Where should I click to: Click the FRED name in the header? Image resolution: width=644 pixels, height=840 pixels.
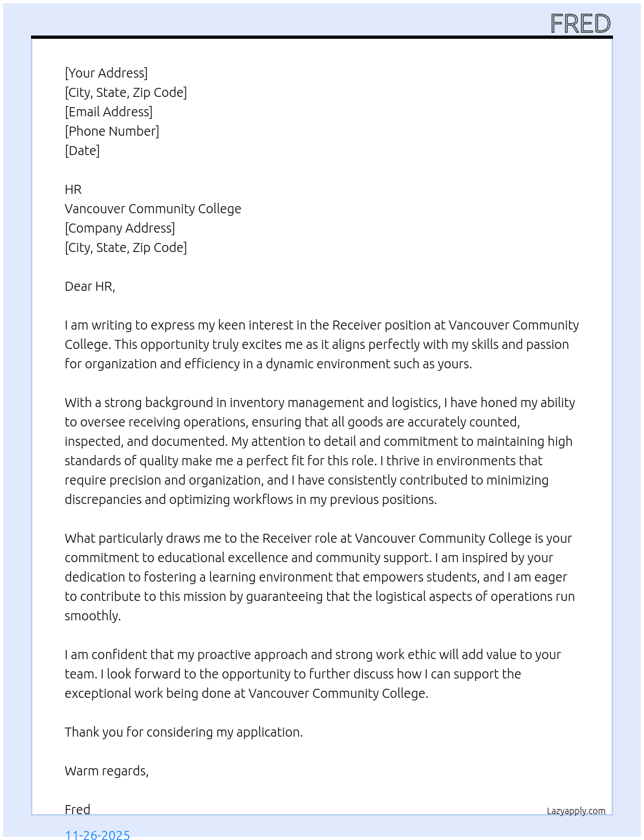click(x=580, y=24)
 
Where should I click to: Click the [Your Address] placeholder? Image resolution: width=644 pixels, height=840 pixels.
click(x=106, y=73)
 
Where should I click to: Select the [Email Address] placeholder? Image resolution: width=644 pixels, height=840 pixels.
click(x=109, y=112)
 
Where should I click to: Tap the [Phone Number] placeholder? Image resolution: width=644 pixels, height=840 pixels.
click(x=112, y=131)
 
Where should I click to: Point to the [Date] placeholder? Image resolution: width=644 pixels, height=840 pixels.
click(x=82, y=151)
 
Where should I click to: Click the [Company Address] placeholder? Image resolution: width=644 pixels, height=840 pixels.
click(x=120, y=228)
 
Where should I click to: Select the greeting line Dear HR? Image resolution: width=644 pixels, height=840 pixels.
click(x=90, y=286)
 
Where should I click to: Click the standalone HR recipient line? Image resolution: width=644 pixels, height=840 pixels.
click(x=73, y=189)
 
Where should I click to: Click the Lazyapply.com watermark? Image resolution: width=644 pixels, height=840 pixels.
click(x=576, y=811)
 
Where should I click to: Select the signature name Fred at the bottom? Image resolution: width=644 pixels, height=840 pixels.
click(x=78, y=810)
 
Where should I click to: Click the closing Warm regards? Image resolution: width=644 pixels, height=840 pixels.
click(x=107, y=771)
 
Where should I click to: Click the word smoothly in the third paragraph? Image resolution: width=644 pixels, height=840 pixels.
click(x=92, y=616)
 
